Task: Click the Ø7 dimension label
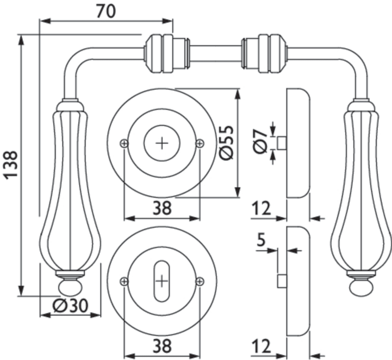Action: (x=261, y=143)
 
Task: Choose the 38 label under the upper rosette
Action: (x=162, y=208)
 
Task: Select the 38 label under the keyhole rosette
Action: (x=162, y=346)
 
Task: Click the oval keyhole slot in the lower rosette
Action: (x=162, y=282)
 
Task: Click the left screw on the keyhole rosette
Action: (x=124, y=282)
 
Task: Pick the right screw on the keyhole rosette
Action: (x=200, y=282)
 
